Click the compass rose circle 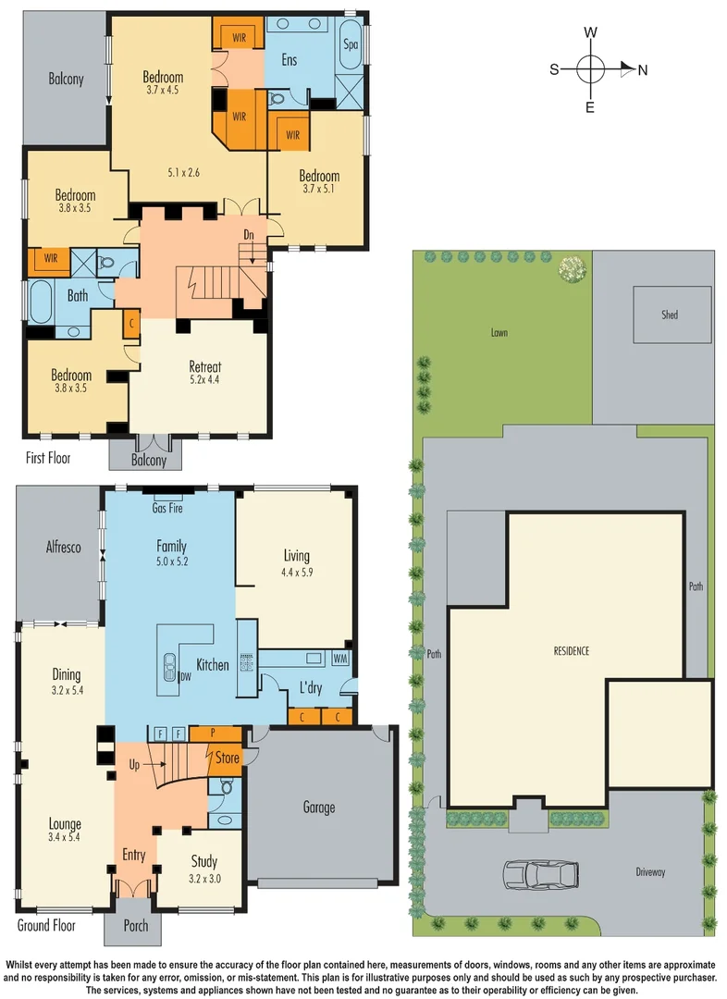click(x=591, y=68)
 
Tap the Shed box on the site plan click(x=670, y=314)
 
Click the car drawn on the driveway click(x=541, y=873)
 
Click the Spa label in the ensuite click(x=351, y=44)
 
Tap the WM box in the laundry click(x=339, y=658)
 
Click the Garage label click(x=320, y=807)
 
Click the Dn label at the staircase click(x=248, y=235)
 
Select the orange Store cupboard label click(x=228, y=758)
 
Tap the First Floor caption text click(x=47, y=457)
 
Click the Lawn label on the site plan click(x=499, y=332)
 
